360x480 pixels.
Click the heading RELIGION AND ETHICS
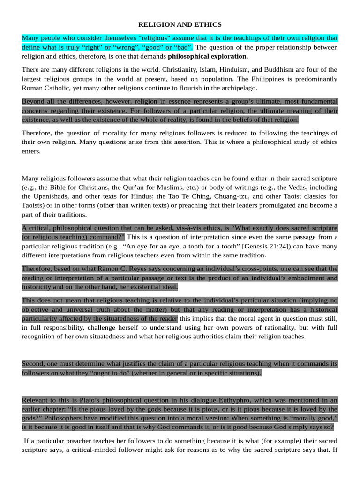click(180, 24)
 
